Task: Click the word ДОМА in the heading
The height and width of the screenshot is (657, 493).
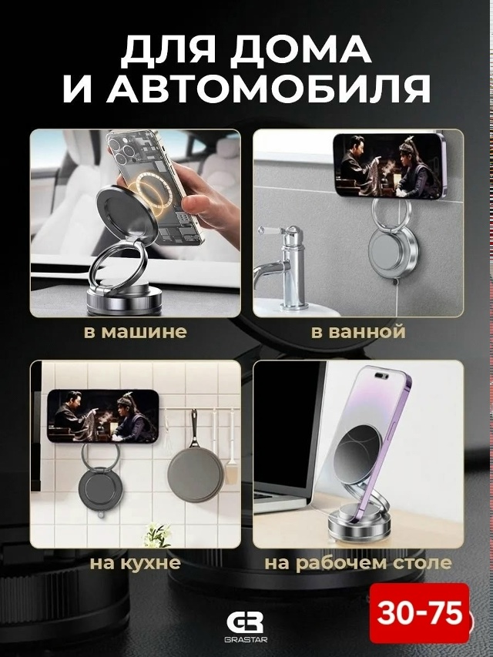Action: (300, 51)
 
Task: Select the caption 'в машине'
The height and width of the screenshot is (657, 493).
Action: (135, 331)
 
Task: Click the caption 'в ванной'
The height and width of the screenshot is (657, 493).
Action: (358, 331)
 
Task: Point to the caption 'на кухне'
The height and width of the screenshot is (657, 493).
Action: (135, 563)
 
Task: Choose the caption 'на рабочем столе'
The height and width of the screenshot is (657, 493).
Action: (358, 563)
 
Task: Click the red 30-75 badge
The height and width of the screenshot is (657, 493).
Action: (419, 613)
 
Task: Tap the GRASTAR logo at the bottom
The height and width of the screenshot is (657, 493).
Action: (246, 627)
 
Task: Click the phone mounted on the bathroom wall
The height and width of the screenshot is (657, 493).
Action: (389, 166)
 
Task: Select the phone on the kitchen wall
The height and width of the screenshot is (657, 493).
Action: (103, 416)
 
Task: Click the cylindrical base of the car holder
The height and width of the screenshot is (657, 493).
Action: (124, 299)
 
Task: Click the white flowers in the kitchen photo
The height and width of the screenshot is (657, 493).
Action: (158, 534)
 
